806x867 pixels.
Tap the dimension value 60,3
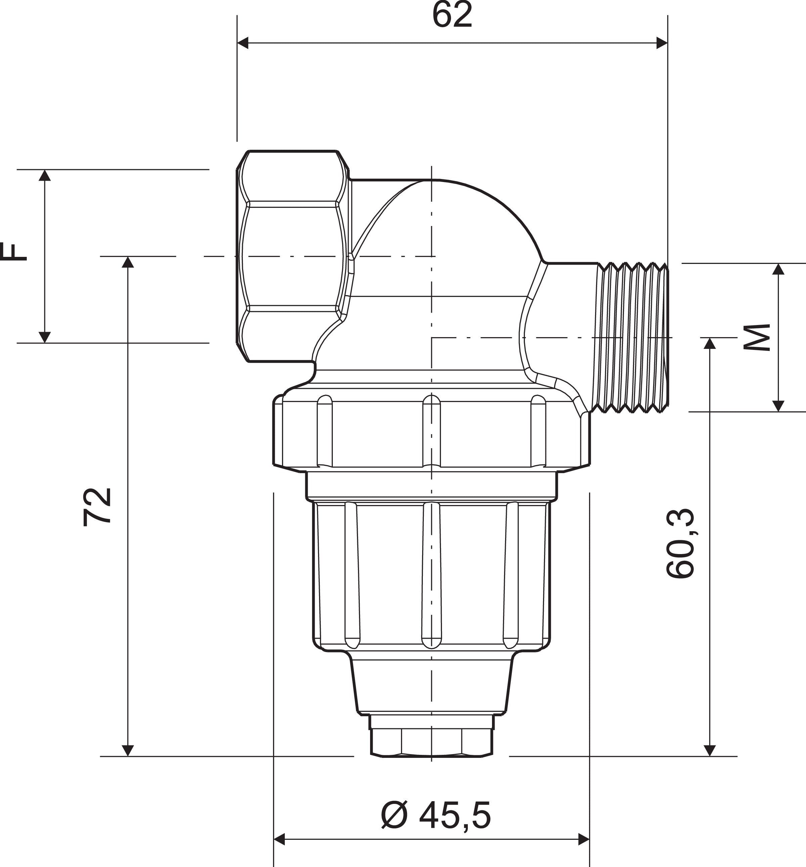680,543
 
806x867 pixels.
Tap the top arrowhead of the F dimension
44,175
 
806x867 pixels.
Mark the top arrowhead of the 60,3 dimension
710,344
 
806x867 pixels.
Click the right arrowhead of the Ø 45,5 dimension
584,839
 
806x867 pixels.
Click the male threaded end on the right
632,337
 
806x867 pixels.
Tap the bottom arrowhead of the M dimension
778,406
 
